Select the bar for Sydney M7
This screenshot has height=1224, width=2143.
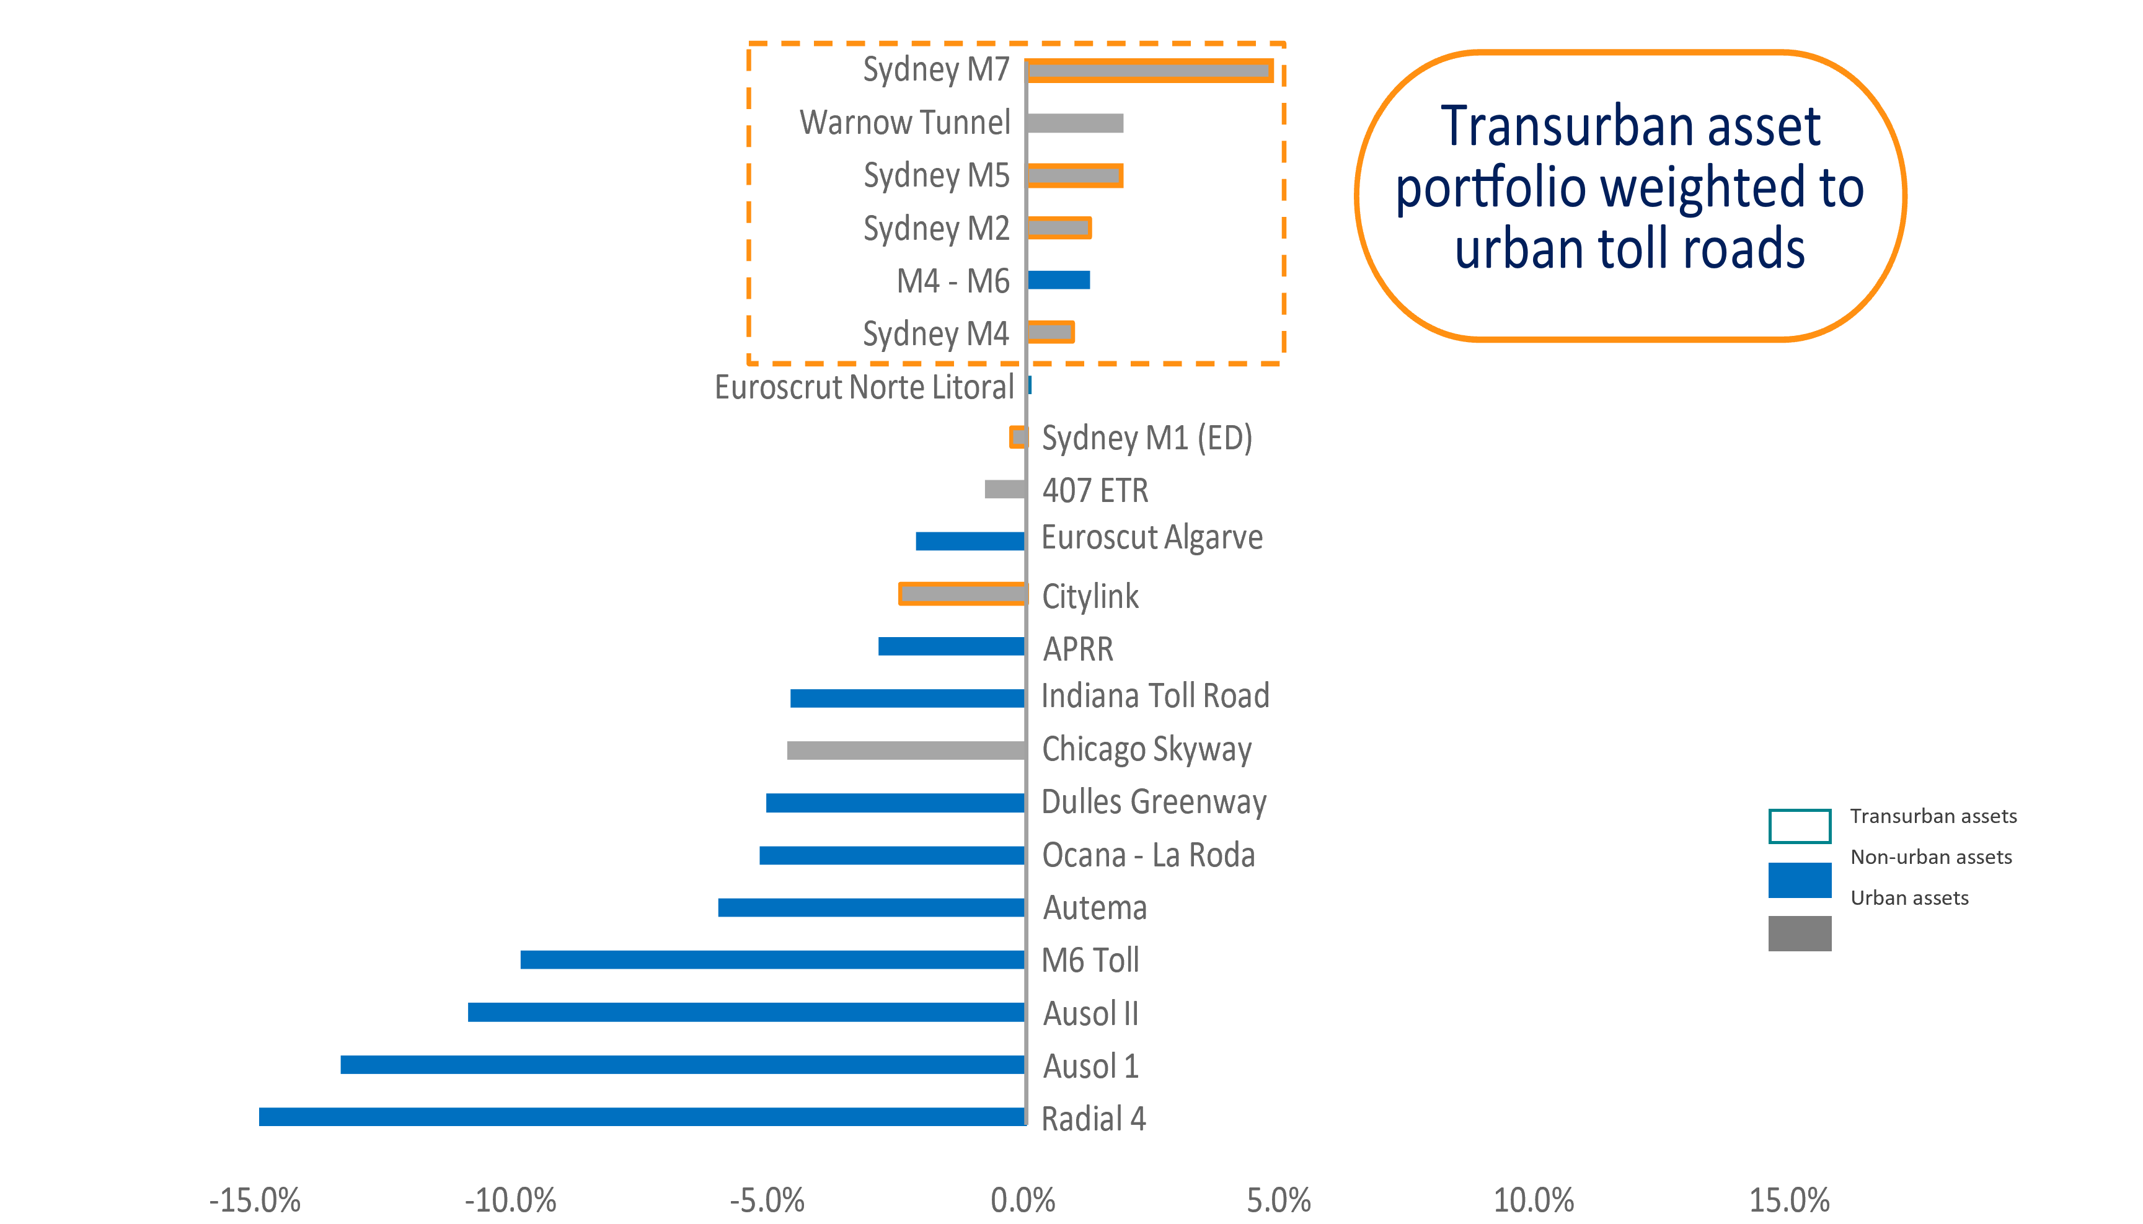tap(1149, 71)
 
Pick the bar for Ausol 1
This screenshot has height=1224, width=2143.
tap(683, 1064)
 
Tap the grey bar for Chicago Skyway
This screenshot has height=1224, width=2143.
tap(906, 750)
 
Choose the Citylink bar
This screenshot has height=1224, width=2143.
tap(963, 594)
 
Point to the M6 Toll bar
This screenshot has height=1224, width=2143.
tap(772, 959)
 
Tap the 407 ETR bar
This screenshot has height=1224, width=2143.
tap(1005, 489)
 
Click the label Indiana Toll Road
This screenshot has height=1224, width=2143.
tap(1155, 696)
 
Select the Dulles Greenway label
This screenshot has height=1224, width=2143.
tap(1154, 802)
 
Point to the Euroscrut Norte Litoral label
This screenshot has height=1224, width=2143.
tap(864, 387)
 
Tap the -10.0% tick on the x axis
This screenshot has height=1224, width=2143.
tap(510, 1200)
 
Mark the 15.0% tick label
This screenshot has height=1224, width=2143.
tap(1790, 1200)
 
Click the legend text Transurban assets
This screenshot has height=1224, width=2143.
tap(1933, 816)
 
